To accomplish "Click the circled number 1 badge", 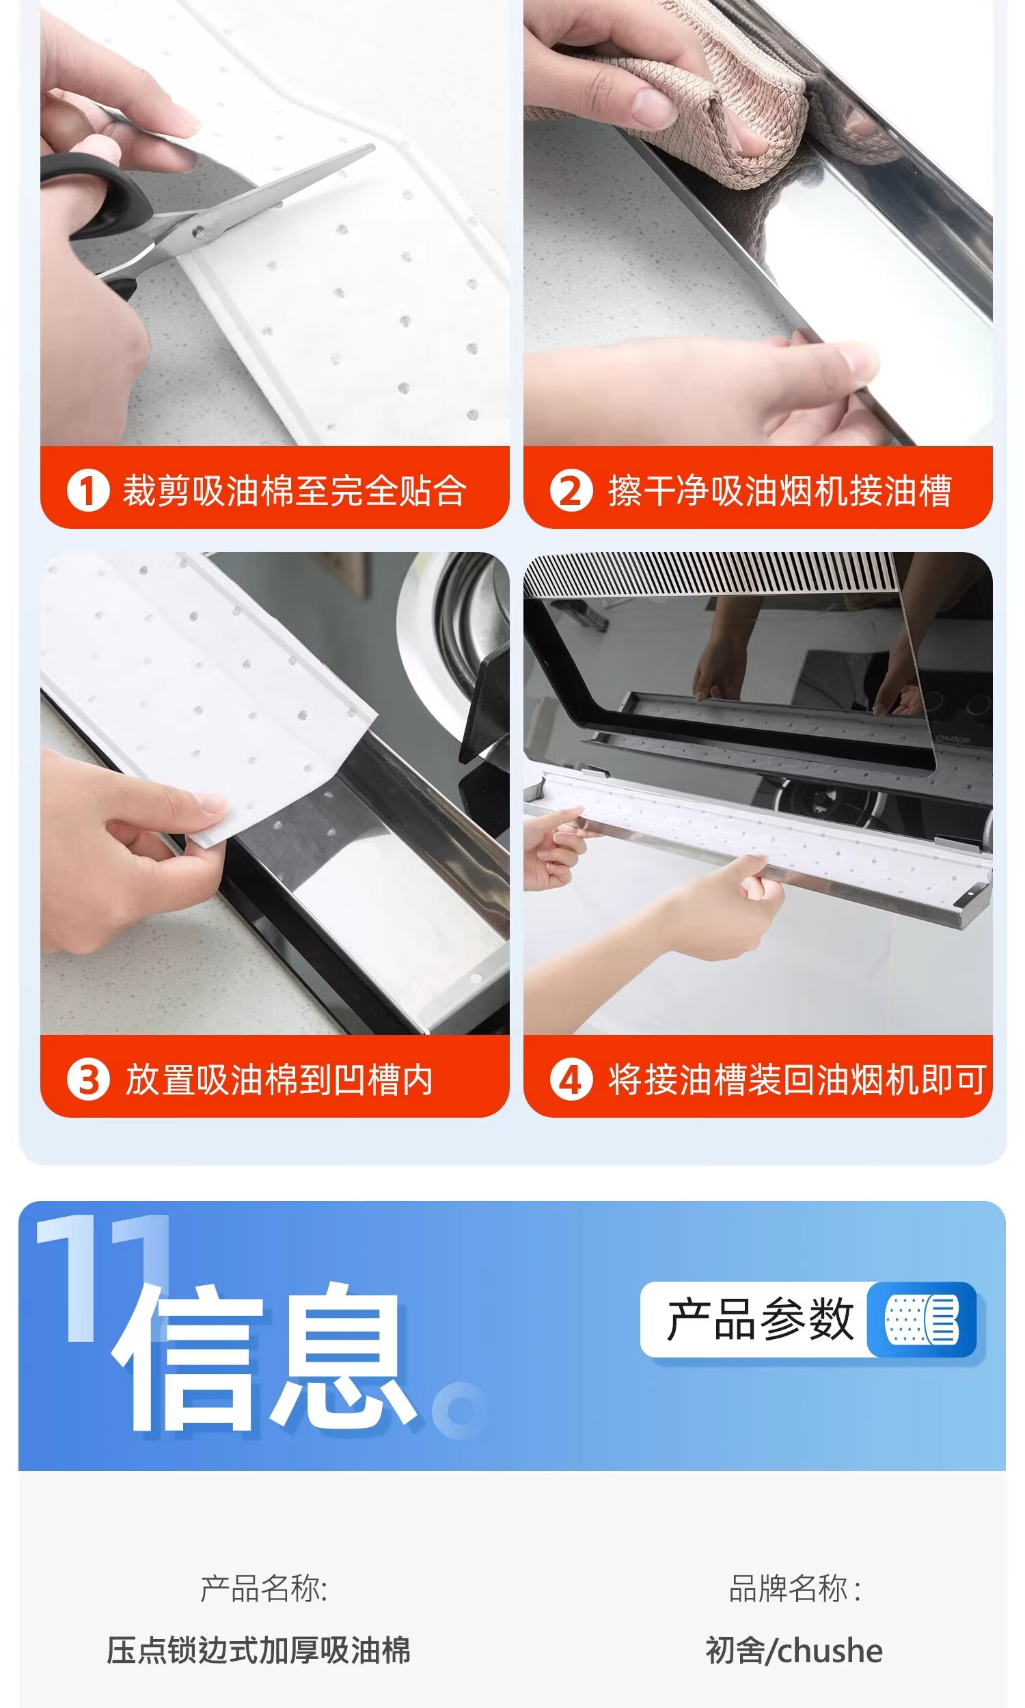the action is tap(87, 491).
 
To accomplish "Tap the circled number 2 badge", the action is tap(571, 491).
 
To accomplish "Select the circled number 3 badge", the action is tap(87, 1079).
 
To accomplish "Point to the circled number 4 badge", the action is tap(571, 1079).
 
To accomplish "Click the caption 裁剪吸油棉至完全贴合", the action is tap(295, 491).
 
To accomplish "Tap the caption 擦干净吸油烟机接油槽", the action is tap(780, 491).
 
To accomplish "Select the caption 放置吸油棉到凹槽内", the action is tap(279, 1079).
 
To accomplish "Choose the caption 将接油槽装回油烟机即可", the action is tap(797, 1079).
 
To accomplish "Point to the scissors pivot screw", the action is tap(199, 233).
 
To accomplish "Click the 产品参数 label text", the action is tap(760, 1319).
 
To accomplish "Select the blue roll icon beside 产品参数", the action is tap(922, 1319).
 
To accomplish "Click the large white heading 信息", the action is tap(264, 1359).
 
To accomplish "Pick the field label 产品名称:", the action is tap(264, 1588).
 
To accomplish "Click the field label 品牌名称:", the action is tap(795, 1588).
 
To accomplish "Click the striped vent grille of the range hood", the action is tap(711, 574).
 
